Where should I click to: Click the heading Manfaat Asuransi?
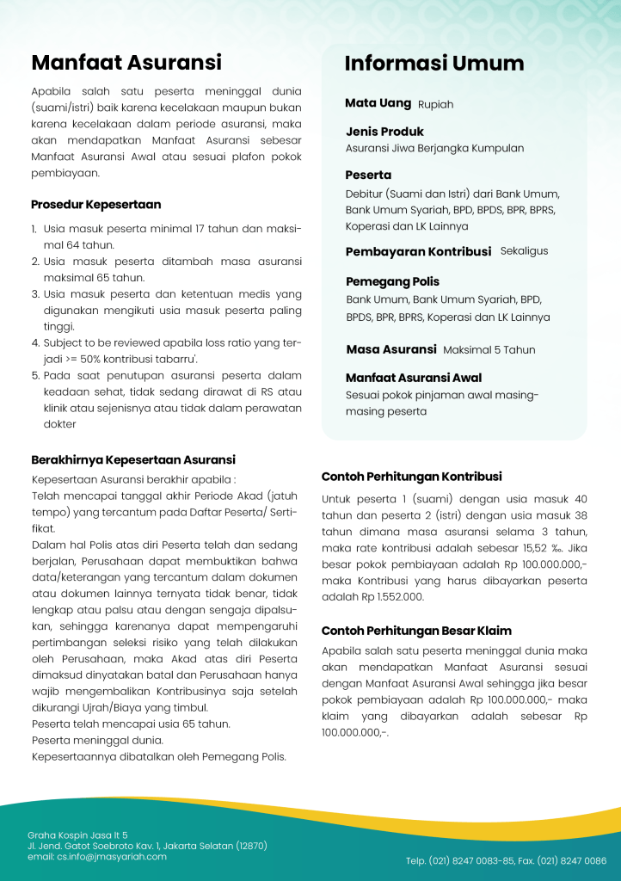pos(126,62)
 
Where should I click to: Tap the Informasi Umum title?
pos(433,64)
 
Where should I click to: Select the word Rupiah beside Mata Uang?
pos(435,104)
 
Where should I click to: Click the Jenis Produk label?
pos(384,132)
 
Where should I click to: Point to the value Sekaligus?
pos(524,251)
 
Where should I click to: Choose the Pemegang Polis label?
pos(392,281)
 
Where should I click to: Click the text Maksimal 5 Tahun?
pos(489,350)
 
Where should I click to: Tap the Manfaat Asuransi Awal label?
pos(413,378)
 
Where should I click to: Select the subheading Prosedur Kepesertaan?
pos(95,205)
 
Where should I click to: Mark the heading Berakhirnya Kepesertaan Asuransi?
pos(133,460)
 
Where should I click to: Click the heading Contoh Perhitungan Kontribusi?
pos(411,477)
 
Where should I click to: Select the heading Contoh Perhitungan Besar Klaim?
pos(416,631)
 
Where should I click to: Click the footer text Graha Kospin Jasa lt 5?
pos(77,835)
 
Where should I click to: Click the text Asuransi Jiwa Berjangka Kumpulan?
pos(434,148)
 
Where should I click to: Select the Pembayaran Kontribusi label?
pos(418,252)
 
